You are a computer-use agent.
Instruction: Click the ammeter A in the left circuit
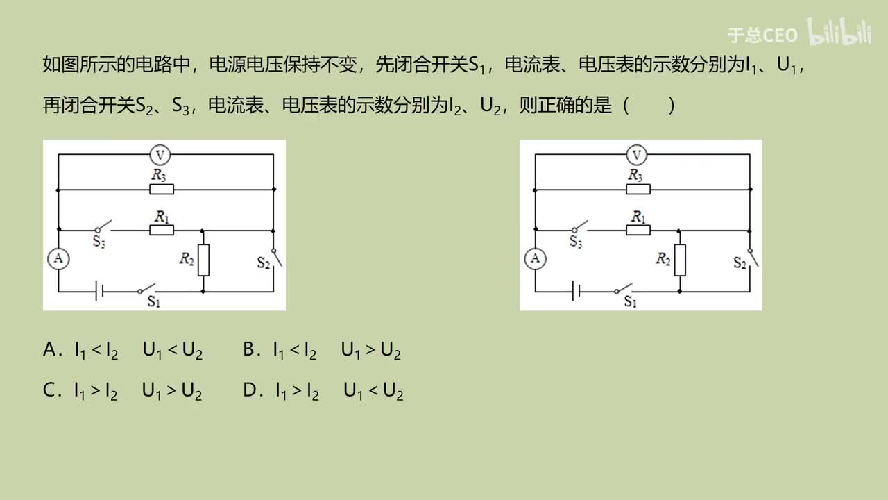point(58,259)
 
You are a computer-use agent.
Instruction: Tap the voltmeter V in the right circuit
point(637,154)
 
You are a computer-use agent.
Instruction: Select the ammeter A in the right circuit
point(534,259)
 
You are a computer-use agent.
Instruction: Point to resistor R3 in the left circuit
point(162,189)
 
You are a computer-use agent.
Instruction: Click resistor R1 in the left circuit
point(162,230)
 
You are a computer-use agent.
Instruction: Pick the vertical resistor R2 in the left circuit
point(203,260)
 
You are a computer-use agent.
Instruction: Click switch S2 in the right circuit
point(752,258)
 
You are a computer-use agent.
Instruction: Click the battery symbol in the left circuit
point(99,292)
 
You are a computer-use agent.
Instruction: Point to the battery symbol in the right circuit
point(575,292)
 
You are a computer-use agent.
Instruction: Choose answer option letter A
point(49,351)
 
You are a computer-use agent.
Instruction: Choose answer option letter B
point(250,351)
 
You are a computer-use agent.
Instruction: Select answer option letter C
point(49,392)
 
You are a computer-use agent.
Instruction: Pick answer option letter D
point(250,392)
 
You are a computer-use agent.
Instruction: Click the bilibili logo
point(839,33)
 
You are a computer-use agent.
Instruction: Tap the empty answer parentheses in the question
point(649,106)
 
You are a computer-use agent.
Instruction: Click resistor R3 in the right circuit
point(638,189)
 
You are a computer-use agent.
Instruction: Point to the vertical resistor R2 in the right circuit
point(679,260)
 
